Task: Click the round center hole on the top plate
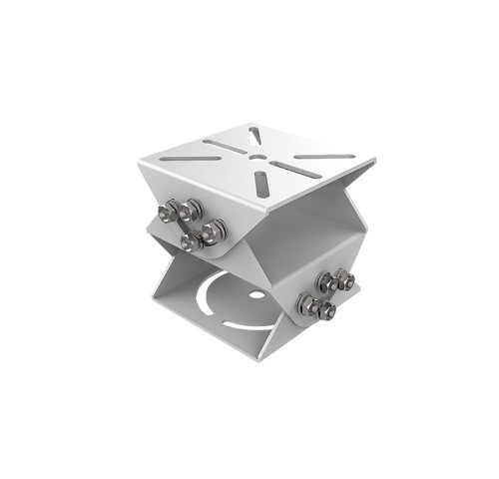pyautogui.click(x=258, y=157)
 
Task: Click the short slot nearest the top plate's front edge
pyautogui.click(x=260, y=182)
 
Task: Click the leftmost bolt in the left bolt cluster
pyautogui.click(x=169, y=211)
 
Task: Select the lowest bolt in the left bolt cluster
pyautogui.click(x=190, y=240)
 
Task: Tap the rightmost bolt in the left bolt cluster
pyautogui.click(x=213, y=232)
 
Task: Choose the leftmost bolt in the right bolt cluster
pyautogui.click(x=307, y=300)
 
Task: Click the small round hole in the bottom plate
pyautogui.click(x=255, y=294)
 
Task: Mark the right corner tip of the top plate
pyautogui.click(x=376, y=159)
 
